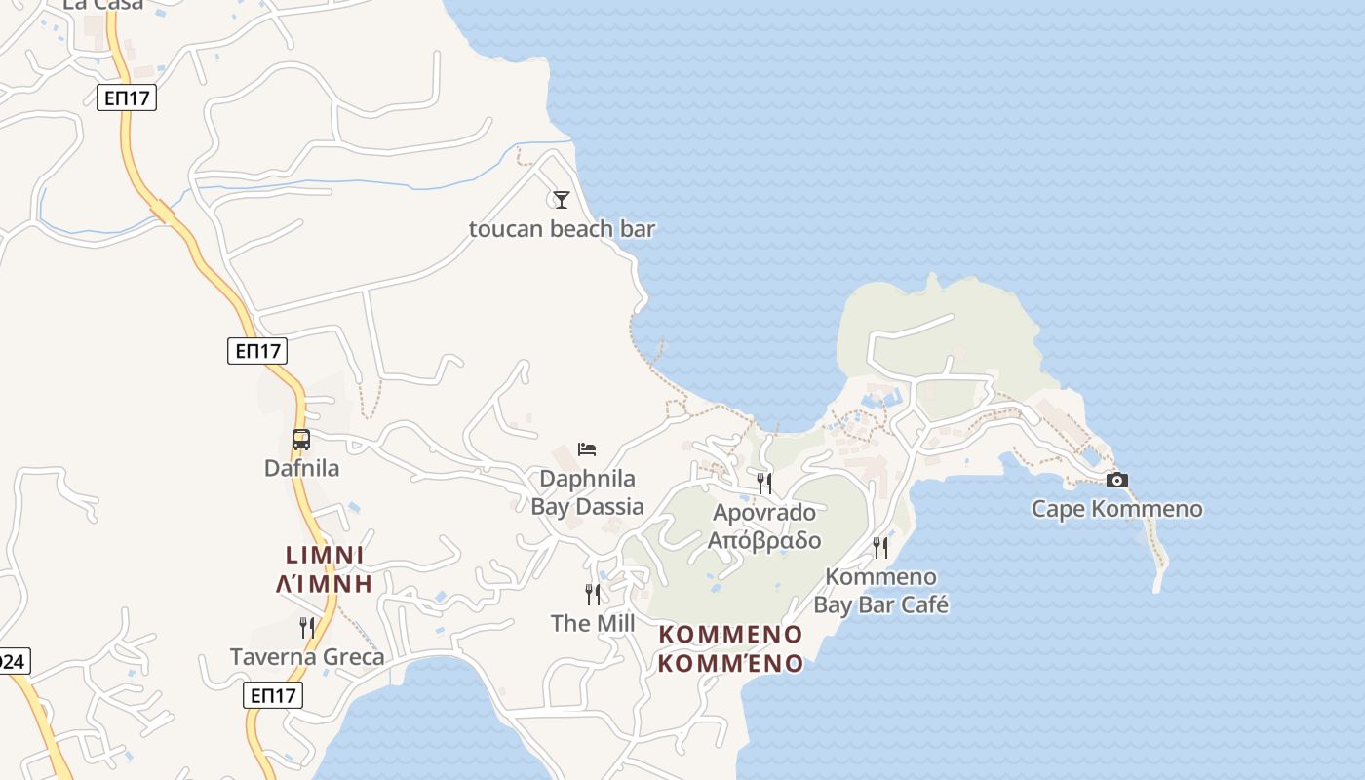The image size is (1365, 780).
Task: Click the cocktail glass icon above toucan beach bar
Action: click(561, 200)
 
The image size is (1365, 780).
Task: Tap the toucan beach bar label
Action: click(562, 229)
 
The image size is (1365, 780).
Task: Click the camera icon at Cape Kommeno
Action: click(1117, 480)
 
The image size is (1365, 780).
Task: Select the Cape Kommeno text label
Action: click(1117, 509)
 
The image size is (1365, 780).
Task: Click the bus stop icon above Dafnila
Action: click(301, 440)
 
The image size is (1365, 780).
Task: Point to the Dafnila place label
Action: click(302, 468)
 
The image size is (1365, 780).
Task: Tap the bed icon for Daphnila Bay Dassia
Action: click(587, 448)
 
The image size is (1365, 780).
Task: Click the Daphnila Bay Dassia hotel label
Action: click(587, 492)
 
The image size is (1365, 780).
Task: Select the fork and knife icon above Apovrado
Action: click(764, 483)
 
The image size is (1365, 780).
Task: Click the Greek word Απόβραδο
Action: click(764, 541)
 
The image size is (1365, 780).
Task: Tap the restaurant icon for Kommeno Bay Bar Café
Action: click(880, 548)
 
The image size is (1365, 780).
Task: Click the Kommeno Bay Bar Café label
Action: click(881, 591)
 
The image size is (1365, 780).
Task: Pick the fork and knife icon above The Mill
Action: click(593, 594)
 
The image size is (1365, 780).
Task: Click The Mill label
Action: click(593, 623)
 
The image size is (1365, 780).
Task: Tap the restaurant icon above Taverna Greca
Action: click(307, 628)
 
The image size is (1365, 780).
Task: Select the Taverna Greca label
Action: click(307, 657)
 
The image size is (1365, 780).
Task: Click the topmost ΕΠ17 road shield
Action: click(127, 97)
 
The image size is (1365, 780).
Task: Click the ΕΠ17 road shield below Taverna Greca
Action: click(273, 695)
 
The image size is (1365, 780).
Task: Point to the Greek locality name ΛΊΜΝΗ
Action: click(325, 584)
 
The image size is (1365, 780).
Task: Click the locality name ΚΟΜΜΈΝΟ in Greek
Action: click(731, 664)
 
